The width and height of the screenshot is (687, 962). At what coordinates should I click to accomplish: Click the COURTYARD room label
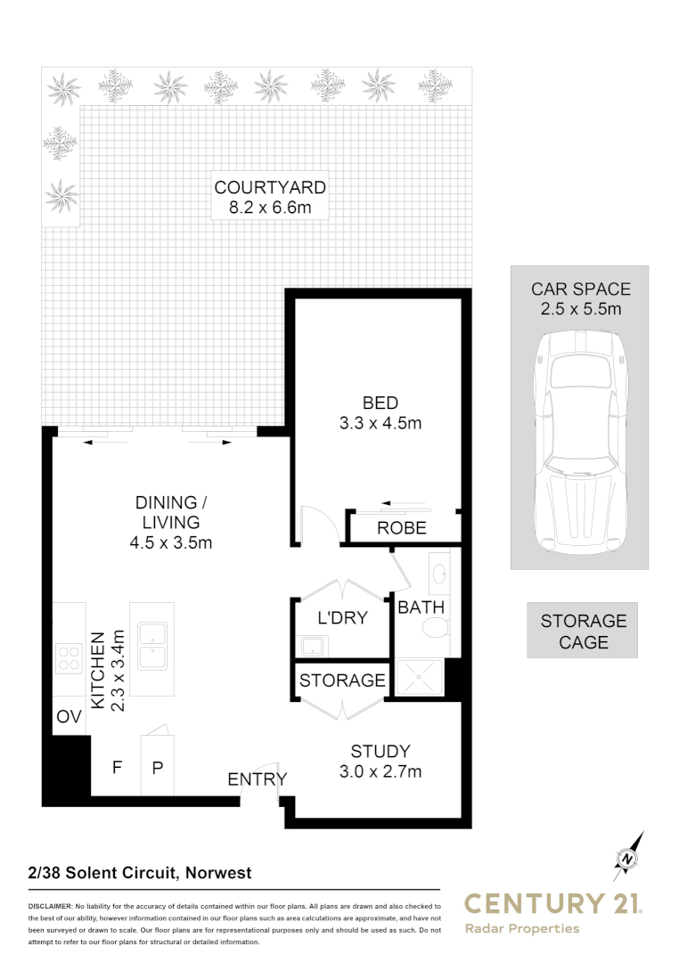[x=269, y=188]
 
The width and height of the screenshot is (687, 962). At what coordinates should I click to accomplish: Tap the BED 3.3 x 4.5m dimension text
[x=380, y=423]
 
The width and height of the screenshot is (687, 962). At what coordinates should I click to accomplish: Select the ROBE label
[x=402, y=528]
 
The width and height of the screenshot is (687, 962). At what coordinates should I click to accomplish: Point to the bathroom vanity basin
[x=439, y=570]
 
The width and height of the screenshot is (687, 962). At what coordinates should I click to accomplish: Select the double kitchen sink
[x=152, y=648]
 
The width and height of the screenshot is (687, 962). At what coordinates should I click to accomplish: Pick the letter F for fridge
[x=116, y=766]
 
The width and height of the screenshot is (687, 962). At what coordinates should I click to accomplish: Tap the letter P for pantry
[x=157, y=766]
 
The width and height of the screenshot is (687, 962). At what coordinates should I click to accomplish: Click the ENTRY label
[x=258, y=779]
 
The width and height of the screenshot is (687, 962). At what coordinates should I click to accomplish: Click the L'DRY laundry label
[x=343, y=616]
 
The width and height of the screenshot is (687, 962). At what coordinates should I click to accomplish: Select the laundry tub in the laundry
[x=313, y=646]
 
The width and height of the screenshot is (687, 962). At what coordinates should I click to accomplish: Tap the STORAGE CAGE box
[x=584, y=631]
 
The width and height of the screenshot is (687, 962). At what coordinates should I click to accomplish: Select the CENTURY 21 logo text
[x=552, y=904]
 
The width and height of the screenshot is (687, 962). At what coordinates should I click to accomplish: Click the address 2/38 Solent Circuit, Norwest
[x=140, y=873]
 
